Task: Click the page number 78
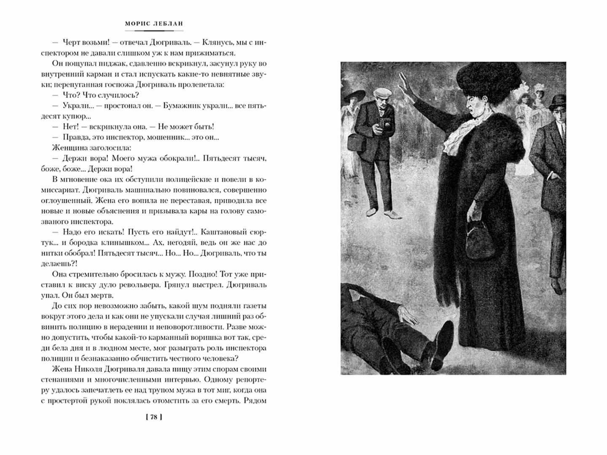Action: point(154,417)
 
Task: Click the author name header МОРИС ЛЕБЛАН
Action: point(154,24)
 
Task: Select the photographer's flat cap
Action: point(382,93)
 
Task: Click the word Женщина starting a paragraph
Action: point(68,148)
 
